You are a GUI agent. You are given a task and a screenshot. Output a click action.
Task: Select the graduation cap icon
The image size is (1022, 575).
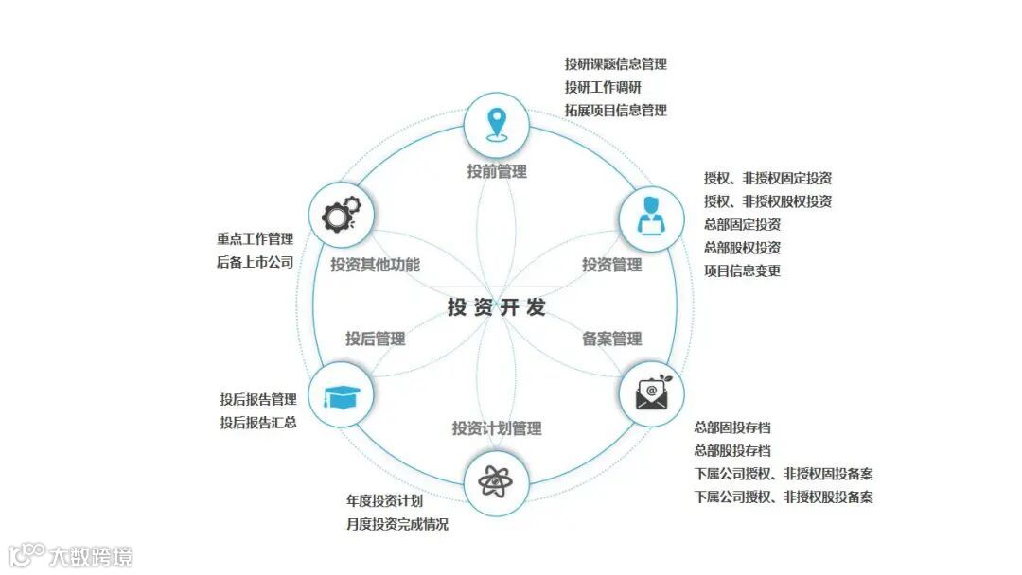342,395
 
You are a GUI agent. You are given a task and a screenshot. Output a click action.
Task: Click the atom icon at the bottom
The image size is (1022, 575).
496,482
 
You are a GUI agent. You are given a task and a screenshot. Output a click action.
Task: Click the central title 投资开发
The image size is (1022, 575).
497,308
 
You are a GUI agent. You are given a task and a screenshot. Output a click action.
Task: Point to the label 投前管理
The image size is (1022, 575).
497,171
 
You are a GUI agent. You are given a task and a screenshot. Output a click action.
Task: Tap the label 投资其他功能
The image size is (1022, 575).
375,265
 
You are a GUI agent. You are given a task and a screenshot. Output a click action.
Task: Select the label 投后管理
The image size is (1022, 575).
375,339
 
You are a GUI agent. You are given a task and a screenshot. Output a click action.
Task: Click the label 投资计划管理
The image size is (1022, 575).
497,428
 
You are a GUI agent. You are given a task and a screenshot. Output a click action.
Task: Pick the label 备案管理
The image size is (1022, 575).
611,339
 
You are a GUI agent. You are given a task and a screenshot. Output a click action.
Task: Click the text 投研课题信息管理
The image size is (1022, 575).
616,64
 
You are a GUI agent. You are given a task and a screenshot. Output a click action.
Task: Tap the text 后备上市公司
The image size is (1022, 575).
255,262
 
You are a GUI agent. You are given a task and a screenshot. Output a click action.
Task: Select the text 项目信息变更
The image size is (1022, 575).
742,270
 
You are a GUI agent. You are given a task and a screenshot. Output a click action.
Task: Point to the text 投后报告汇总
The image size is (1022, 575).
258,422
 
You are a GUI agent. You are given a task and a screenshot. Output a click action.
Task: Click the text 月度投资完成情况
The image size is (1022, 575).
397,524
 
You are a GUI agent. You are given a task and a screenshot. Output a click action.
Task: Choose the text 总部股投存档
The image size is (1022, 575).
732,450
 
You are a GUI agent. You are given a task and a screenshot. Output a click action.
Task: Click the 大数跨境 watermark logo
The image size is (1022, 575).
71,554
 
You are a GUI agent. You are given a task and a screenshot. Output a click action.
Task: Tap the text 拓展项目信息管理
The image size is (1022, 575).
616,110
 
